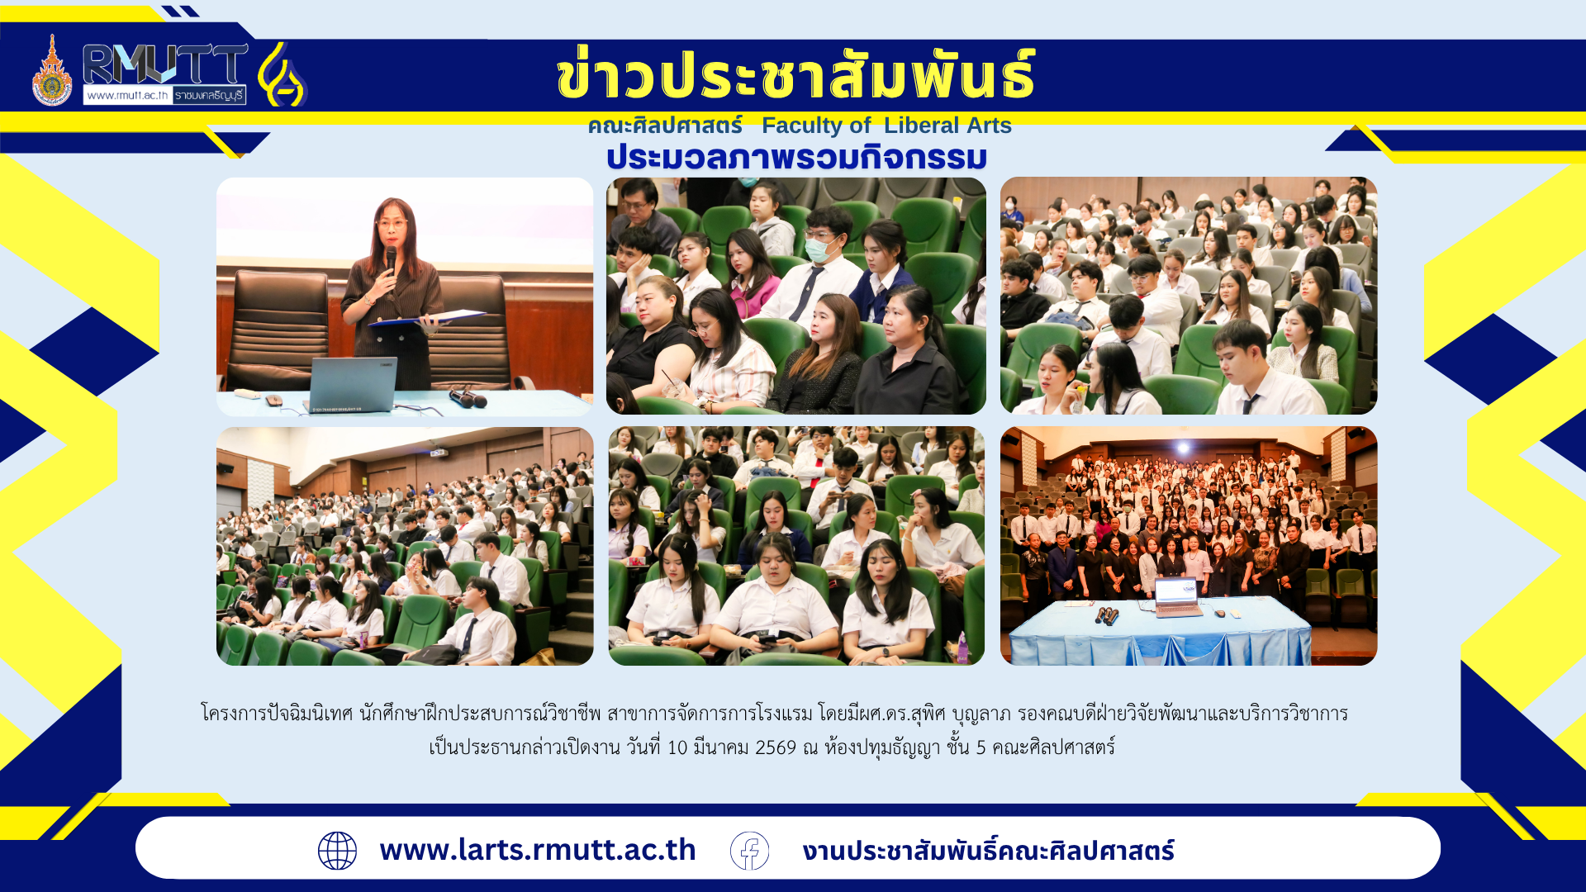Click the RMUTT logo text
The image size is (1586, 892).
[x=165, y=64]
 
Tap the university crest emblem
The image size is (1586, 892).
[x=52, y=71]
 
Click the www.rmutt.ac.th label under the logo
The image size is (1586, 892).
[x=127, y=95]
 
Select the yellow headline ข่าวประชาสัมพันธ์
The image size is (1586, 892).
[x=795, y=74]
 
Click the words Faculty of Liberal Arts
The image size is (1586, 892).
[x=886, y=126]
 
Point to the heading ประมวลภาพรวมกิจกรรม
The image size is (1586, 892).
[x=796, y=157]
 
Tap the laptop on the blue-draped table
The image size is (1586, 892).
[x=1177, y=597]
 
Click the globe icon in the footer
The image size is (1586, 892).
[x=337, y=851]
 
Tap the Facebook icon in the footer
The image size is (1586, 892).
[x=749, y=851]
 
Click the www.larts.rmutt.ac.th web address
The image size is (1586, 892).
[x=538, y=850]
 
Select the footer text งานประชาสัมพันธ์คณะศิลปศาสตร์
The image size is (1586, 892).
[x=988, y=851]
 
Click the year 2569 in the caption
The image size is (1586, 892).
[x=776, y=747]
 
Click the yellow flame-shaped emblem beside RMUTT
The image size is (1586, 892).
[x=283, y=74]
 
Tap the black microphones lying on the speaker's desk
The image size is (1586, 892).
[x=468, y=399]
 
